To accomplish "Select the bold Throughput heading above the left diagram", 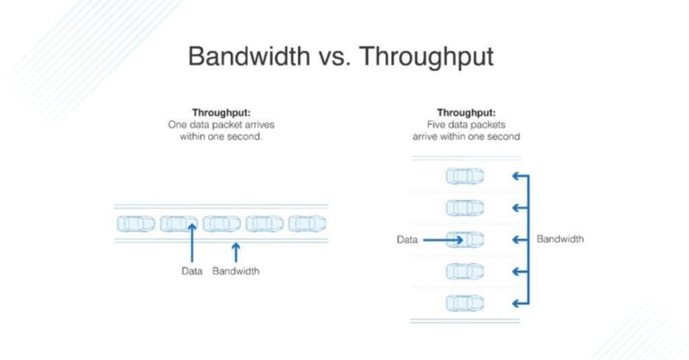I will coord(217,113).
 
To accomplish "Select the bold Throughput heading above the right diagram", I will coord(466,113).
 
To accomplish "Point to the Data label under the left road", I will coord(192,271).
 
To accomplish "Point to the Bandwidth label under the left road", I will coord(236,271).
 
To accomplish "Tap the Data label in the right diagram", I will coord(406,240).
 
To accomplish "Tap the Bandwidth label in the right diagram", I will coord(560,240).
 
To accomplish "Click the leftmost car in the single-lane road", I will coord(135,223).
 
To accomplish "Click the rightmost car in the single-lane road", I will coord(307,223).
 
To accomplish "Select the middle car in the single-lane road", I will coord(222,223).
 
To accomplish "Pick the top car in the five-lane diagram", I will coord(465,177).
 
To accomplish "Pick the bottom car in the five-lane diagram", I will coord(465,303).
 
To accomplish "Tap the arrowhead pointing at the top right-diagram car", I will coord(517,177).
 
